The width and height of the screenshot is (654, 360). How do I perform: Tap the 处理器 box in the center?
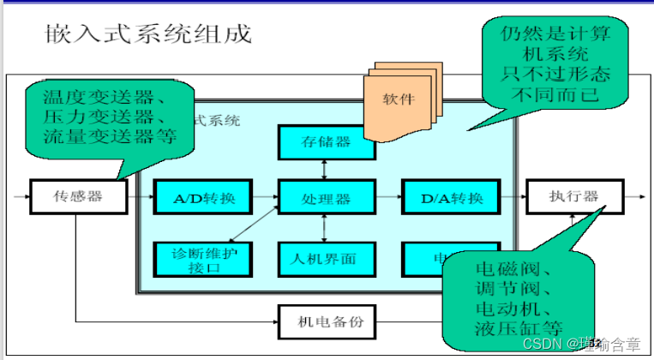click(327, 198)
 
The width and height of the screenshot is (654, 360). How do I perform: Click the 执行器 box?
click(573, 196)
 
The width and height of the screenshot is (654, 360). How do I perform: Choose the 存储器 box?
click(327, 142)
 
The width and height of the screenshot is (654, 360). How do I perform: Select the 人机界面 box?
click(327, 257)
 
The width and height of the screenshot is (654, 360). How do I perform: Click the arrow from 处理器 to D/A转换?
click(387, 198)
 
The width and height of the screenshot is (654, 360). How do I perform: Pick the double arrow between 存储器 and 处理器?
click(323, 170)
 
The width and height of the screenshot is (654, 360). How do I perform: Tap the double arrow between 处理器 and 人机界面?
click(323, 227)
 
